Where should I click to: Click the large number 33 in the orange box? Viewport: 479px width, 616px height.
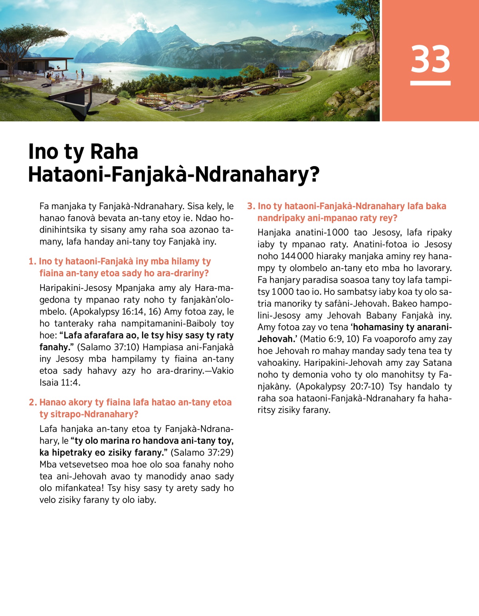[x=430, y=59]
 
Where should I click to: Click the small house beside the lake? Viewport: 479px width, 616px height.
[x=285, y=73]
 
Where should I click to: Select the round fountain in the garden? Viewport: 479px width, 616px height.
[x=187, y=106]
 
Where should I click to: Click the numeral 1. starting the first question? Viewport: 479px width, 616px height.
[x=32, y=261]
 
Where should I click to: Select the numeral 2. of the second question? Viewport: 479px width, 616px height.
[x=33, y=402]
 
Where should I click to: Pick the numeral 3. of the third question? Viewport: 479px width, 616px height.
[x=251, y=206]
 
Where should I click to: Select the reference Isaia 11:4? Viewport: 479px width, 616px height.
[x=59, y=383]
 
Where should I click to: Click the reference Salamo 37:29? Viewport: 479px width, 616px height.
[x=202, y=453]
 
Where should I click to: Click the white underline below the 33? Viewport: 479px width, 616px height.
[x=430, y=83]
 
